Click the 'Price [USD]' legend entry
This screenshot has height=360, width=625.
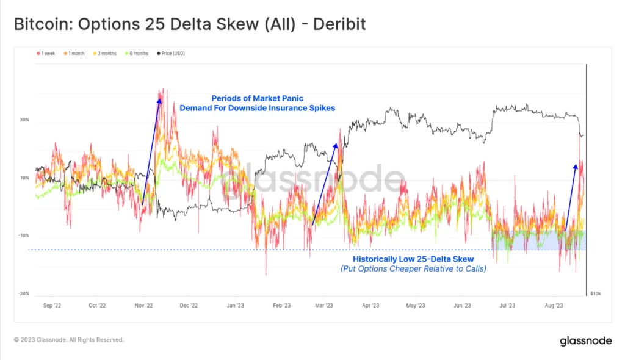click(x=173, y=54)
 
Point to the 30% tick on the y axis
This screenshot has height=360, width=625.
click(x=24, y=120)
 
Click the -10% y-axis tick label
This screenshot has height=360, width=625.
click(x=23, y=236)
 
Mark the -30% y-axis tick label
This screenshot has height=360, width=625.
click(x=23, y=293)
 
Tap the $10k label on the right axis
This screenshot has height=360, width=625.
click(x=596, y=293)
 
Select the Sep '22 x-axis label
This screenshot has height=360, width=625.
click(x=52, y=305)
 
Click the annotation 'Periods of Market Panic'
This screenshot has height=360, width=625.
click(x=257, y=98)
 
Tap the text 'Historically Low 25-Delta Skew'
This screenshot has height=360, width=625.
click(x=413, y=259)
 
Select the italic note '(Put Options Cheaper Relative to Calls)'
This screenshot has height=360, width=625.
click(x=413, y=268)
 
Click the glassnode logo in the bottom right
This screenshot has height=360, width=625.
click(x=586, y=340)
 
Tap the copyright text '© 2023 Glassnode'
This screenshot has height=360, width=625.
click(x=69, y=340)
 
